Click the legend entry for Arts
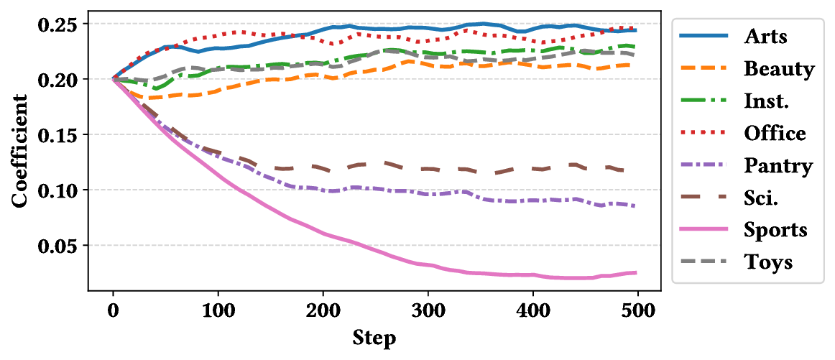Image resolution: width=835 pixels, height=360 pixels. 766,37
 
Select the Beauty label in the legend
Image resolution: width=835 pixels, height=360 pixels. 779,69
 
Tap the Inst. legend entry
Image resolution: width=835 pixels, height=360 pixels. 767,101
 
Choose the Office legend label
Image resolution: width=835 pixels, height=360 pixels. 775,133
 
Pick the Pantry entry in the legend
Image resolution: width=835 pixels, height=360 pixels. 778,166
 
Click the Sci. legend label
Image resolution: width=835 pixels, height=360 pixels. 762,198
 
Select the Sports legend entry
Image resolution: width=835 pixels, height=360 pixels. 775,230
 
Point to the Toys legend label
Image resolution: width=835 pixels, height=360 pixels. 768,262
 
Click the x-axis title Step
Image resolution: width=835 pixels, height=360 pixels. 374,338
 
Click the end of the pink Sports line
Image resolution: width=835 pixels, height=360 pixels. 637,272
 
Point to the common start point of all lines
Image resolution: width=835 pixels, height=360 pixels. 114,78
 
